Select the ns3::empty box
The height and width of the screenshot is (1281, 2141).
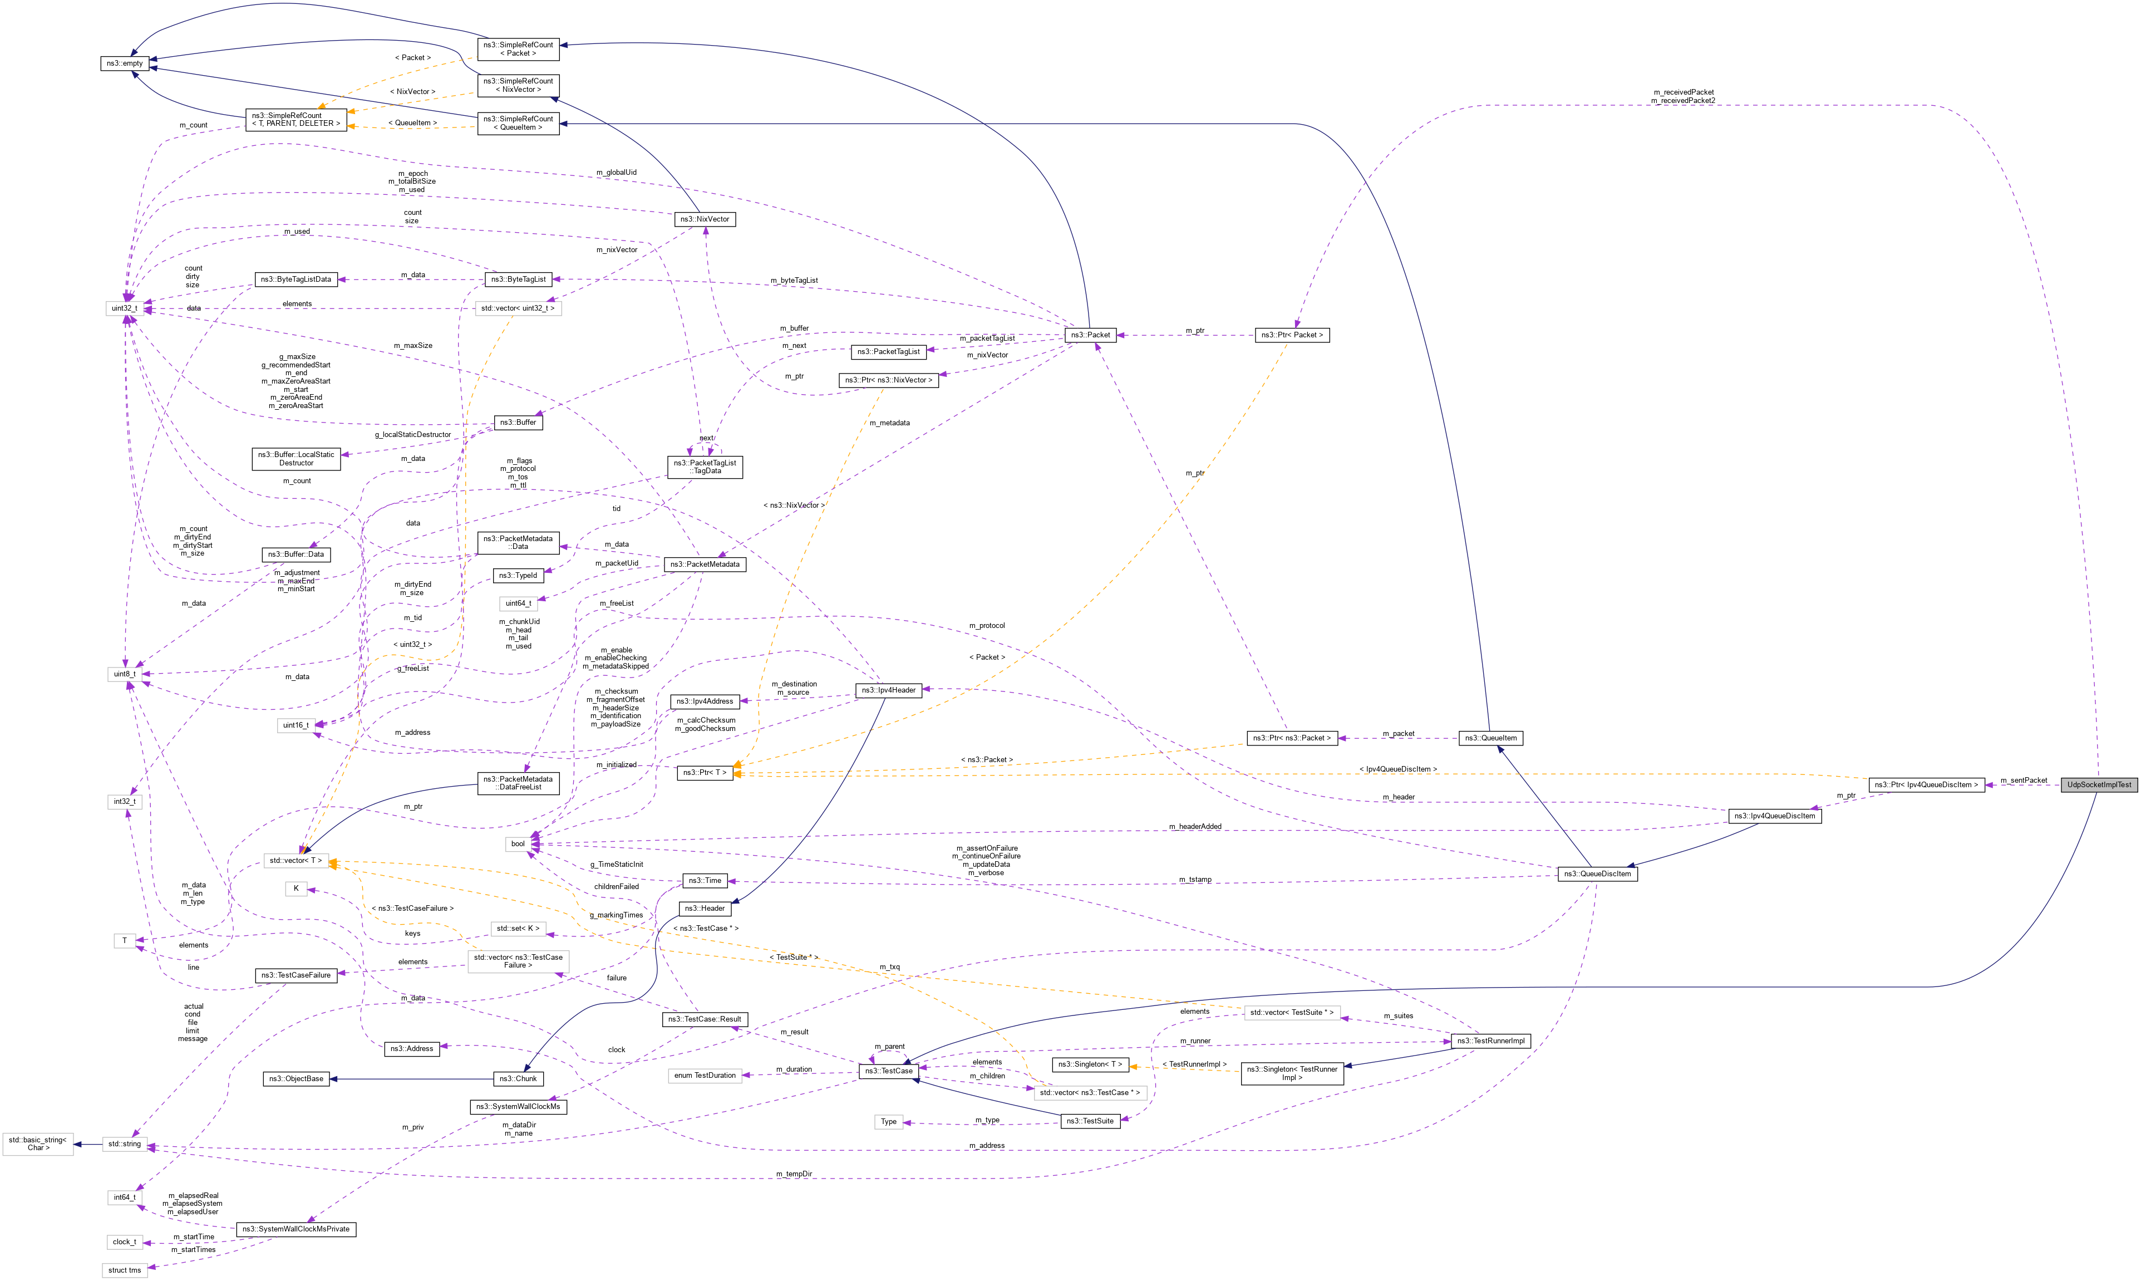(124, 63)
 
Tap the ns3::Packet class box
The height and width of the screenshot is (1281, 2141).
(1090, 335)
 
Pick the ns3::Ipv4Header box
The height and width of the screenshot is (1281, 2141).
(888, 690)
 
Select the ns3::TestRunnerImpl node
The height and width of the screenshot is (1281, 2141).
(1490, 1041)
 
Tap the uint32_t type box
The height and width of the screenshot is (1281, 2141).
(124, 308)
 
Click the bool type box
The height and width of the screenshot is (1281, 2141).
(518, 843)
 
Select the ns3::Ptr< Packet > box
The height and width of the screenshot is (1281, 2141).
(1291, 335)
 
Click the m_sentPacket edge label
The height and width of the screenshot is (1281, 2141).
(2023, 781)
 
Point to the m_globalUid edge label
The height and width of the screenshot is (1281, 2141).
(616, 173)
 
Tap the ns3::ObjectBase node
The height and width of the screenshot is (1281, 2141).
(296, 1078)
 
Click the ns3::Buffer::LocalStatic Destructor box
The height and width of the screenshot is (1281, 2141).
(296, 458)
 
